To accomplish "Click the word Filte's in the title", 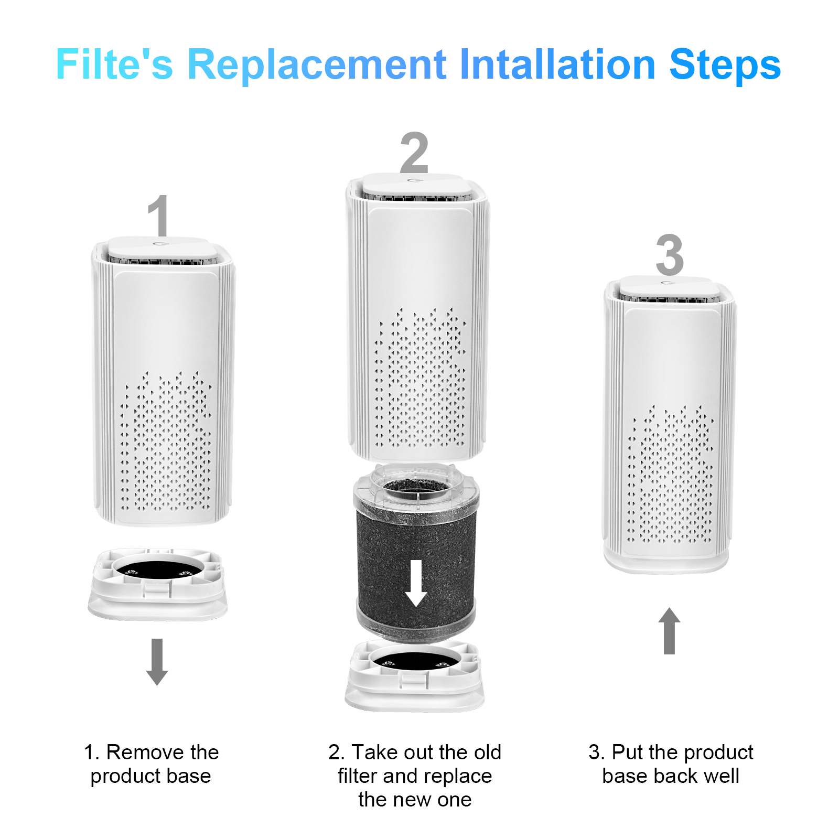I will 114,64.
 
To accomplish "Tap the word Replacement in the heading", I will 317,64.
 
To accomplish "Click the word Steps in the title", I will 725,64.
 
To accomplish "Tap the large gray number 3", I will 670,255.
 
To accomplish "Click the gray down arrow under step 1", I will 157,661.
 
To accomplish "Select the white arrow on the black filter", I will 416,583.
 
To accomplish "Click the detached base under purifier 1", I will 157,585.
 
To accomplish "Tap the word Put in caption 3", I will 628,752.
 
